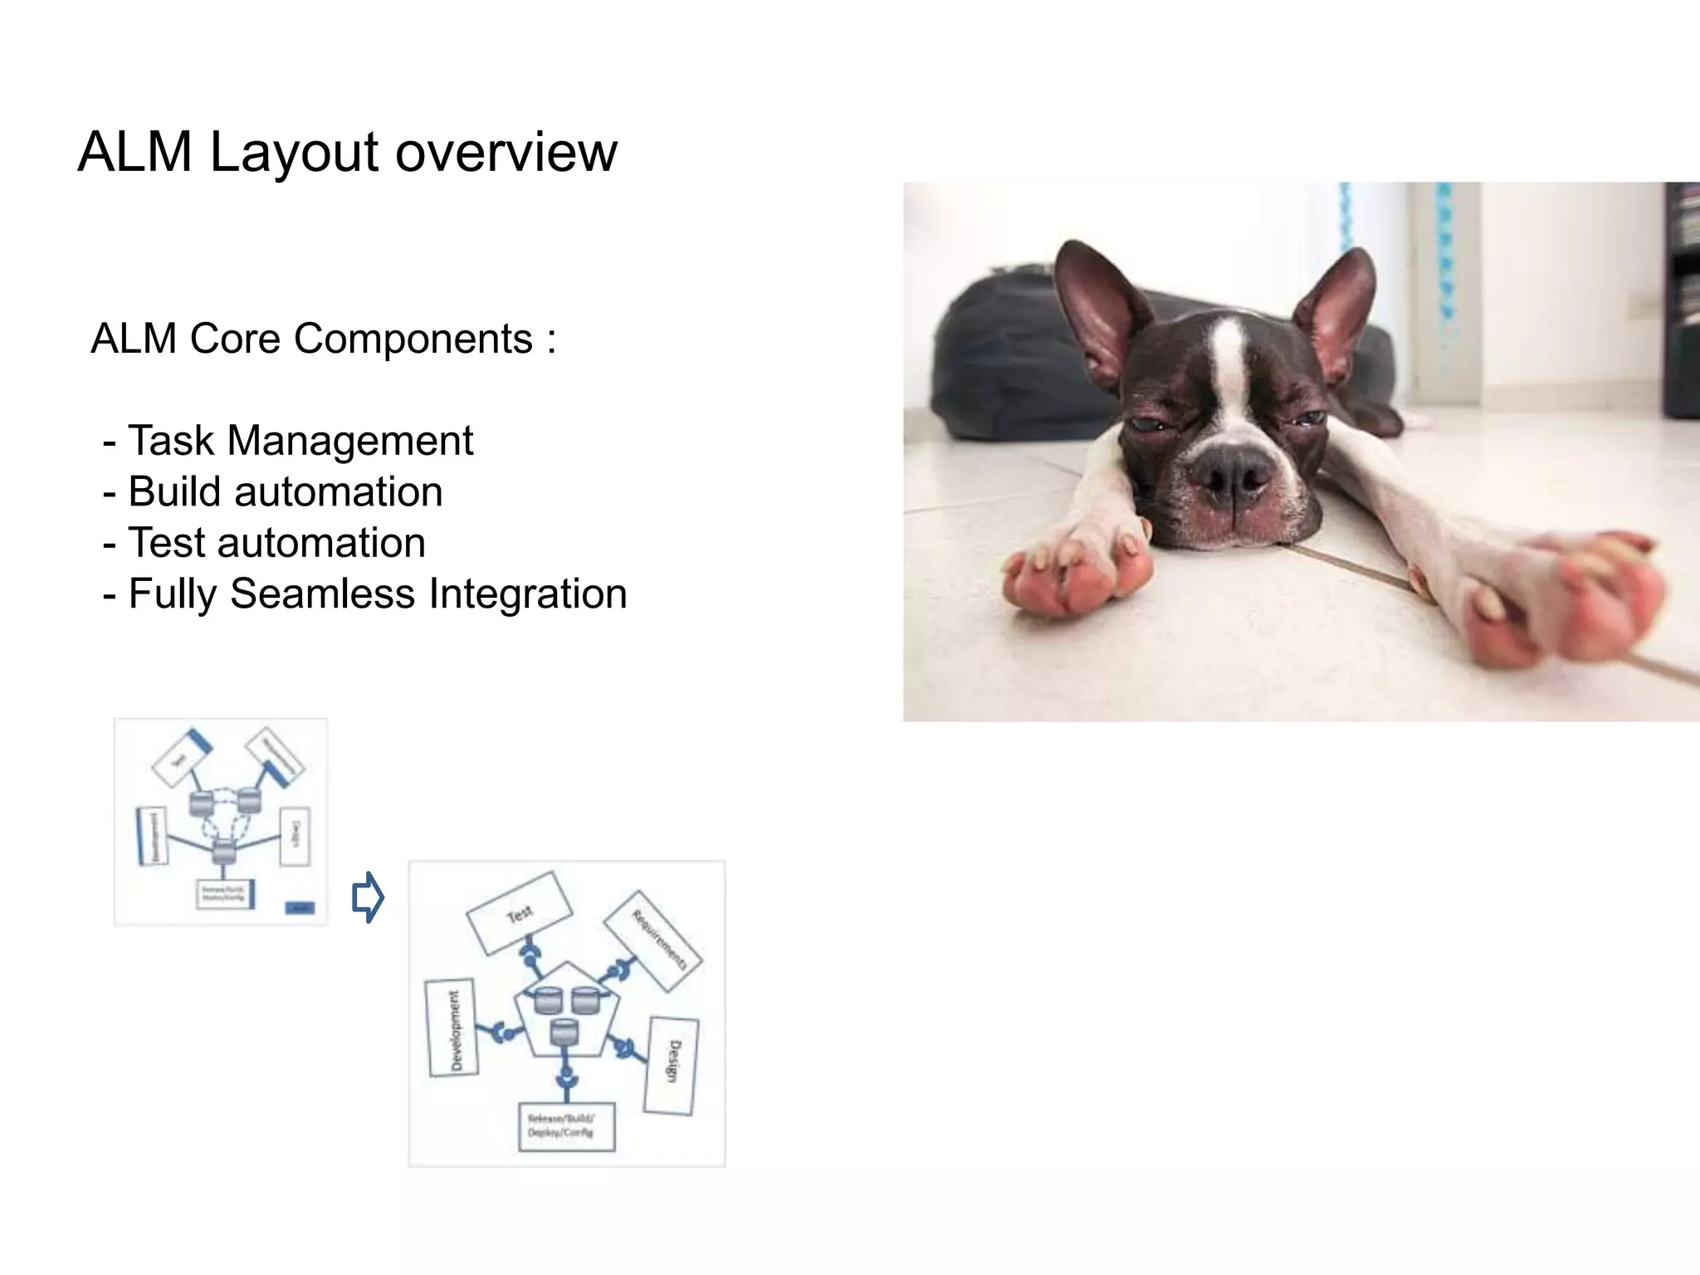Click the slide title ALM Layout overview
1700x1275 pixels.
point(347,152)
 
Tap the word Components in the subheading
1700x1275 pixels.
point(413,339)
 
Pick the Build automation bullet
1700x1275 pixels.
point(284,491)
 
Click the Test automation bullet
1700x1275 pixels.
point(276,543)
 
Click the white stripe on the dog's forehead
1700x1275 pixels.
point(1227,365)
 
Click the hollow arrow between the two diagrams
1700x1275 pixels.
point(368,896)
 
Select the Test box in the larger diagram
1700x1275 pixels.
point(520,914)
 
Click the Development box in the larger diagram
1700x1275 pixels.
point(452,1028)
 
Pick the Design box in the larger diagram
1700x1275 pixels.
point(672,1065)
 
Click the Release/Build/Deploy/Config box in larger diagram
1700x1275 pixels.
point(566,1126)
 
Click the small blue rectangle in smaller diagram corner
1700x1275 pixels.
point(300,907)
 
